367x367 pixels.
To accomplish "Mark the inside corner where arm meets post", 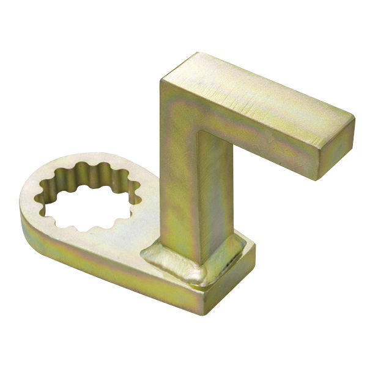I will pyautogui.click(x=232, y=138).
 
